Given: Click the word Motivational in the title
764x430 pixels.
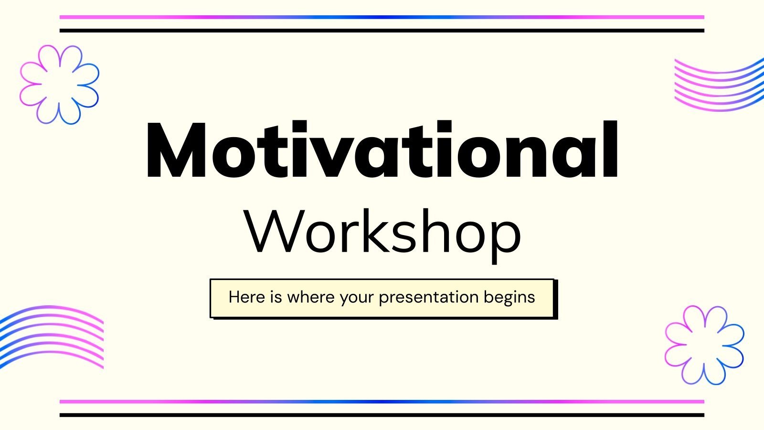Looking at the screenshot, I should (x=382, y=150).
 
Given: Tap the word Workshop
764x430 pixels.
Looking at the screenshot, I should (x=382, y=232).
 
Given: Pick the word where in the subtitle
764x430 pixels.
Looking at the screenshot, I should (x=311, y=297).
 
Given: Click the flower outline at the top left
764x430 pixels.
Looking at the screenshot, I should (x=60, y=85).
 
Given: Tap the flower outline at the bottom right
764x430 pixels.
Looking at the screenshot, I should (x=704, y=345).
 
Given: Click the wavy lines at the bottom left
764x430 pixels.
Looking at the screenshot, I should (x=52, y=336).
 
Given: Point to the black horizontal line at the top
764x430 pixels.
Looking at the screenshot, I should (x=382, y=31).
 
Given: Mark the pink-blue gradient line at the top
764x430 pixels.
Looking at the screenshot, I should (x=382, y=17).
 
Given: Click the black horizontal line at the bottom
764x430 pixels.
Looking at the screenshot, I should (x=382, y=415).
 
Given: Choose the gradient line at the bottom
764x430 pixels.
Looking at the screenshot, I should (x=382, y=402).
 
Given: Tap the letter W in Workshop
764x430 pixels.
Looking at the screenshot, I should (x=272, y=232).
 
